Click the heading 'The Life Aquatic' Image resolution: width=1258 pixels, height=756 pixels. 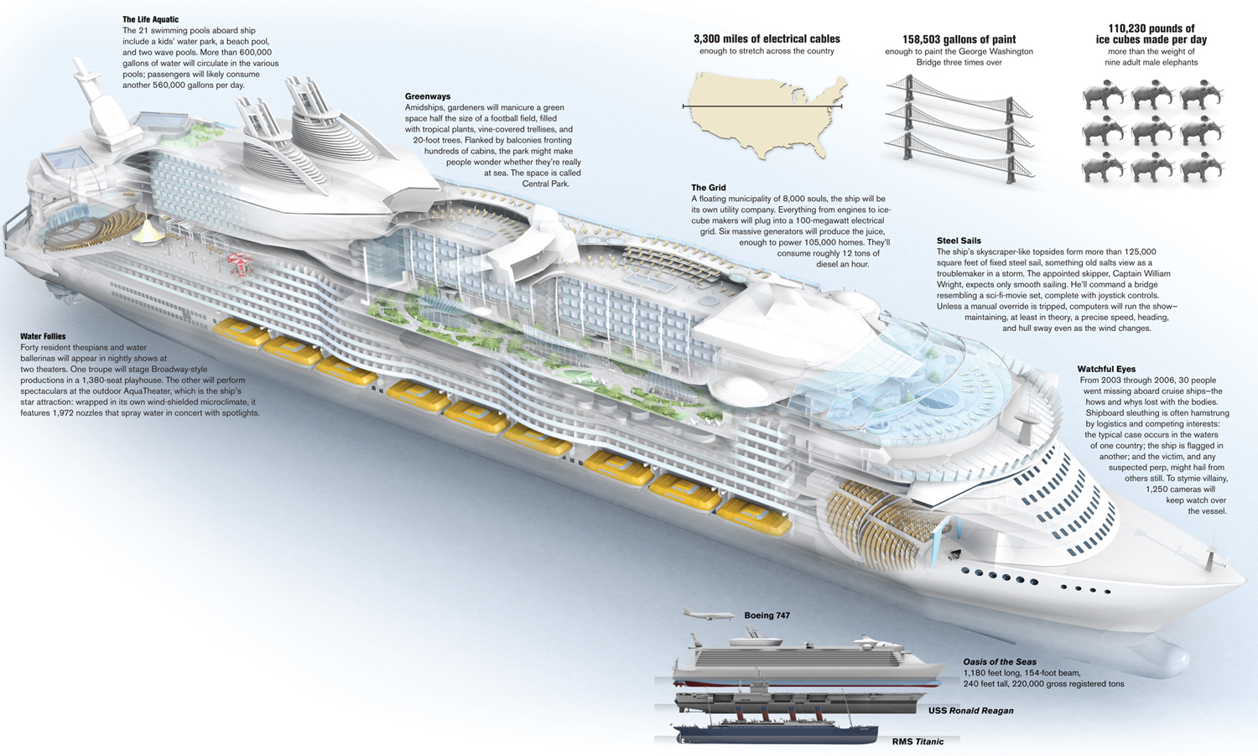click(x=150, y=19)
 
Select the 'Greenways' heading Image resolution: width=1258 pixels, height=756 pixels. click(x=427, y=96)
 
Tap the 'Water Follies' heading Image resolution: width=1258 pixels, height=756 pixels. click(x=43, y=336)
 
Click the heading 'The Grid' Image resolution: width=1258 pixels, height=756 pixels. click(x=708, y=188)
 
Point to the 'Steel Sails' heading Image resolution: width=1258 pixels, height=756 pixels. click(x=959, y=241)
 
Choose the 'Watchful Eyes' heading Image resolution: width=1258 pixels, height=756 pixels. click(x=1106, y=369)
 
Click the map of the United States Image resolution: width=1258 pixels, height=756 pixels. click(x=763, y=113)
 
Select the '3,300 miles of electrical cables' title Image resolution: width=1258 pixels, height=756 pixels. click(x=767, y=39)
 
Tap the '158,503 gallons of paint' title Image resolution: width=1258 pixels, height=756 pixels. click(x=959, y=39)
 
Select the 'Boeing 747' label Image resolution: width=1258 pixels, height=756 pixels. click(x=767, y=615)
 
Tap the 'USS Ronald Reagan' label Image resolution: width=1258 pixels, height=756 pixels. click(x=970, y=711)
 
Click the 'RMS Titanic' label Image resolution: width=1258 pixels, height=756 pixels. click(x=918, y=742)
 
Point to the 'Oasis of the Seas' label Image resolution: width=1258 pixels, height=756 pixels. click(x=999, y=661)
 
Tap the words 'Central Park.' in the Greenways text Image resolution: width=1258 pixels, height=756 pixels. click(x=545, y=184)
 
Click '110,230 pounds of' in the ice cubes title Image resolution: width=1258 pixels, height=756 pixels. click(x=1151, y=28)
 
